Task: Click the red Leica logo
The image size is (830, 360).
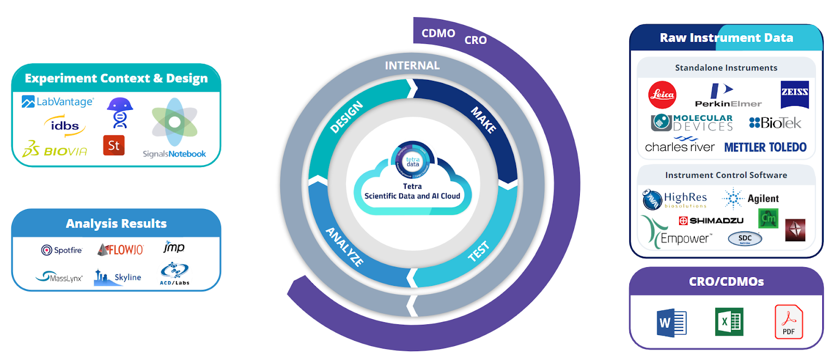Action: pyautogui.click(x=662, y=95)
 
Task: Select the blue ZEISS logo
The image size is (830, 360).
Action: pyautogui.click(x=794, y=94)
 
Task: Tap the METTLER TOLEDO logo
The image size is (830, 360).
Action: pyautogui.click(x=765, y=147)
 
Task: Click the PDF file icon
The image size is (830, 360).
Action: pyautogui.click(x=789, y=322)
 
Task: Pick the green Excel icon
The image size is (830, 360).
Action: pyautogui.click(x=729, y=322)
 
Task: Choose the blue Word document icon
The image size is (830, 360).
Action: pyautogui.click(x=671, y=323)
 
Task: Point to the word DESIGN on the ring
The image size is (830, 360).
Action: pyautogui.click(x=347, y=117)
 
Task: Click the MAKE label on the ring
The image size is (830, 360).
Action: pyautogui.click(x=483, y=120)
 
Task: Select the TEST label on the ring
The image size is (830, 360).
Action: pyautogui.click(x=478, y=251)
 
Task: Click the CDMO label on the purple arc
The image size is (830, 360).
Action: pyautogui.click(x=438, y=34)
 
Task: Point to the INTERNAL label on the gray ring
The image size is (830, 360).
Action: pyautogui.click(x=412, y=66)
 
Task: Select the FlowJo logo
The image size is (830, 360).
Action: pyautogui.click(x=120, y=250)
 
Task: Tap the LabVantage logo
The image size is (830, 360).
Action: pyautogui.click(x=58, y=102)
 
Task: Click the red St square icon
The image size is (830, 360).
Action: pyautogui.click(x=114, y=146)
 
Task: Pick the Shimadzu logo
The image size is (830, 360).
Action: pyautogui.click(x=711, y=220)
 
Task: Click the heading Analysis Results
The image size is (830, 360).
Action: pyautogui.click(x=116, y=224)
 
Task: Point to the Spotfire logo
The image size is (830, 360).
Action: pyautogui.click(x=62, y=250)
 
